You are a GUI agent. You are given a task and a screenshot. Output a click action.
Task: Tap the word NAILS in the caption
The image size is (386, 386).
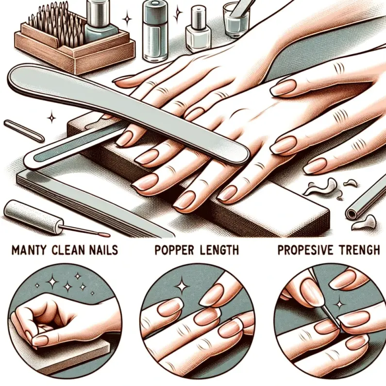click(x=102, y=250)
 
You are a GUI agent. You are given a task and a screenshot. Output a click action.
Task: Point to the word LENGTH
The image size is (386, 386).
click(x=218, y=250)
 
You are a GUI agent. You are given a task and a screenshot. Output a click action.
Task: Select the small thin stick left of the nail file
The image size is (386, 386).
click(x=24, y=131)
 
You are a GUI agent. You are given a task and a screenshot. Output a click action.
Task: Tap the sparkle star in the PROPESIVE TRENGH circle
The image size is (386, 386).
click(x=340, y=304)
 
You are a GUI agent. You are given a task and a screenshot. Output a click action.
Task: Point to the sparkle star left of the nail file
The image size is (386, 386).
click(x=51, y=117)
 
